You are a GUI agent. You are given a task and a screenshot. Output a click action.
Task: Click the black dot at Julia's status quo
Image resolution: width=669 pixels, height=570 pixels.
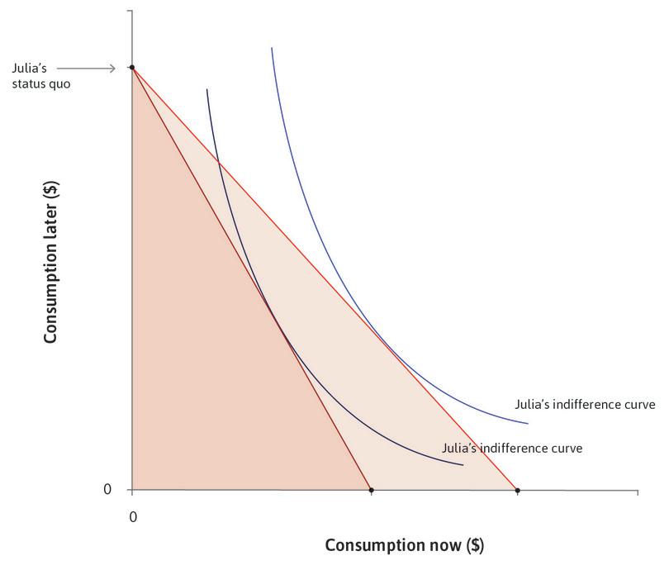[x=131, y=67]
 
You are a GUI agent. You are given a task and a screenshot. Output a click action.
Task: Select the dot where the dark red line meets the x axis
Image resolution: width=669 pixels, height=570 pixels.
[x=371, y=491]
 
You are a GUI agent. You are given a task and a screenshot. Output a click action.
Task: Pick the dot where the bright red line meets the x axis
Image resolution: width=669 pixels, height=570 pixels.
[x=517, y=491]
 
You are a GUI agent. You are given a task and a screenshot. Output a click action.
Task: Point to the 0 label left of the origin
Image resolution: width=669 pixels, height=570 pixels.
[x=107, y=490]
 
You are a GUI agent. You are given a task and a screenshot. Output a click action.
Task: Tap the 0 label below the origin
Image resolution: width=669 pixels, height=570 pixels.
[x=131, y=516]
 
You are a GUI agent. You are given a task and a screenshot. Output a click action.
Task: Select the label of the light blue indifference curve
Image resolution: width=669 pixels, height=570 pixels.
[x=584, y=405]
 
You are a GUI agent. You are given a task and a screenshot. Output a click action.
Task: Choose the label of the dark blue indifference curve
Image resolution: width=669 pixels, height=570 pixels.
[x=513, y=448]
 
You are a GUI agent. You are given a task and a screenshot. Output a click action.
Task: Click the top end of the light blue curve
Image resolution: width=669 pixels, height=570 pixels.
[x=272, y=49]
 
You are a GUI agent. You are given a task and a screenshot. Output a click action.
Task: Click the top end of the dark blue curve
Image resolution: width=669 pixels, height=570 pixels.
[x=206, y=89]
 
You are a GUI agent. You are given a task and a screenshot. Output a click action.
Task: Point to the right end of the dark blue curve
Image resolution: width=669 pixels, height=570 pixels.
[x=463, y=465]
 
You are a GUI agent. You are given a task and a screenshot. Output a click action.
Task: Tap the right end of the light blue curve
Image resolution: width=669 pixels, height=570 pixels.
[x=527, y=424]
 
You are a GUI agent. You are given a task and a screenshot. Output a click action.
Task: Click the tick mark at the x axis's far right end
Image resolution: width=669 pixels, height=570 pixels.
[x=638, y=494]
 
